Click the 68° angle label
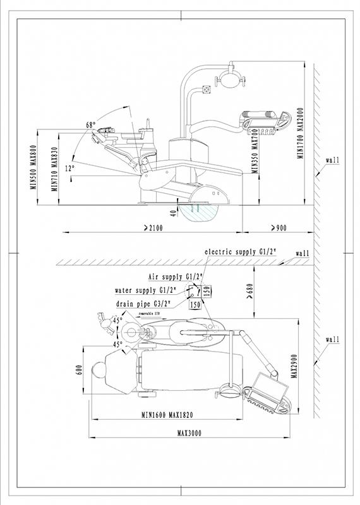pyautogui.click(x=90, y=124)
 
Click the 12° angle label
pyautogui.click(x=69, y=168)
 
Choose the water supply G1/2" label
pyautogui.click(x=145, y=290)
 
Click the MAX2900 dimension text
pyautogui.click(x=294, y=366)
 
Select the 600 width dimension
pyautogui.click(x=80, y=370)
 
